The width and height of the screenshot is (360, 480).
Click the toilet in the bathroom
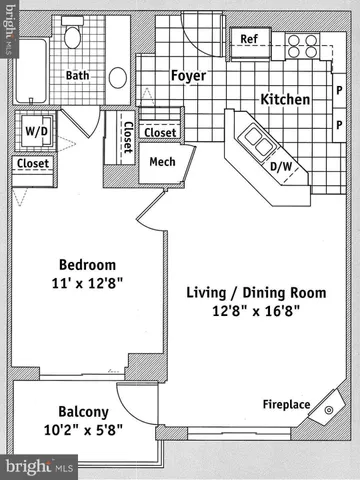click(x=72, y=33)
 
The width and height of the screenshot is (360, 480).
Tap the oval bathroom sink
click(x=118, y=78)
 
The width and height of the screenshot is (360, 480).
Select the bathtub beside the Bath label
click(x=31, y=71)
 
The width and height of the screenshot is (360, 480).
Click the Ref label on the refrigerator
click(x=249, y=39)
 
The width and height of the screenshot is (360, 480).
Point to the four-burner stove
click(x=303, y=46)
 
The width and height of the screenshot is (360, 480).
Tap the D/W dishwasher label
click(x=281, y=166)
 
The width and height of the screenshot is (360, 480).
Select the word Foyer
click(x=188, y=76)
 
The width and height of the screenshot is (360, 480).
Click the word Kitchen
click(x=285, y=99)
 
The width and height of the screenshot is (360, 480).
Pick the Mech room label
click(x=162, y=162)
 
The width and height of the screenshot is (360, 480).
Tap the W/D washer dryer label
click(x=36, y=131)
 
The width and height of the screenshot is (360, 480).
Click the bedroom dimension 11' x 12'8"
click(x=87, y=283)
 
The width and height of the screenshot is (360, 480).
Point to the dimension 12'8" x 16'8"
click(x=256, y=311)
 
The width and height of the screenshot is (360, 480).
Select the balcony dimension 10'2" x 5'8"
click(x=83, y=430)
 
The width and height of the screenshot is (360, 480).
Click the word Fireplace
click(x=286, y=404)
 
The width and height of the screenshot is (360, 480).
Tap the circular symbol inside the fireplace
click(x=329, y=410)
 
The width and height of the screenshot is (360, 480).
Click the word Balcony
click(x=83, y=412)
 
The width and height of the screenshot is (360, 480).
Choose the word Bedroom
click(x=87, y=265)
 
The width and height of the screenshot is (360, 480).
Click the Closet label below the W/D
click(x=33, y=163)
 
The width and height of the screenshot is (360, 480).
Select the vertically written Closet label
click(x=128, y=137)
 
